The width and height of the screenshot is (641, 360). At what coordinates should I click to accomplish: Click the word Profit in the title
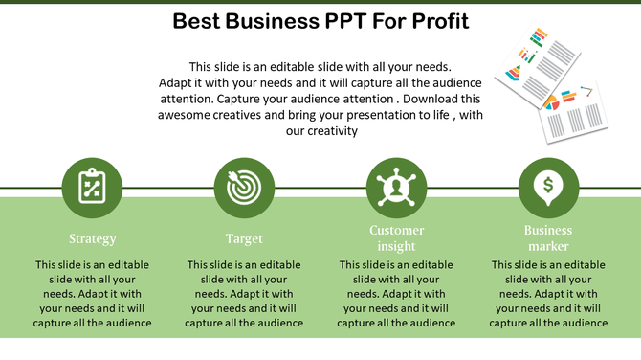click(436, 21)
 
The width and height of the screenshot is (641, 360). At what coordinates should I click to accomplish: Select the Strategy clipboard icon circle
click(92, 188)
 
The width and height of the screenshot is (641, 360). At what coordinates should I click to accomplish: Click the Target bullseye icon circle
click(244, 188)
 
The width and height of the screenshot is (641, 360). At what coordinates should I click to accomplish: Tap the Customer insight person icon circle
click(396, 188)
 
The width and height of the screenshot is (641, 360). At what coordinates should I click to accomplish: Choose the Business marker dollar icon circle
click(548, 188)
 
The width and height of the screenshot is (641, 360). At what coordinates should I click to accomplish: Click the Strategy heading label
click(92, 238)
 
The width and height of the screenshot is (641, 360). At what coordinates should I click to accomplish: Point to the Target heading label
click(244, 238)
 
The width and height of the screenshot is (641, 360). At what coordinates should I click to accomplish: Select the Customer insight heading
click(396, 237)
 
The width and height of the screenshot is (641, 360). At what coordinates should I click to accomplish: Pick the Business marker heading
click(548, 237)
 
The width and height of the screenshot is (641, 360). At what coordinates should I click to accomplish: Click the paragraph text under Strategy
click(92, 293)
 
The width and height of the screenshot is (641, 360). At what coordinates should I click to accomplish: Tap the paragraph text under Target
click(244, 293)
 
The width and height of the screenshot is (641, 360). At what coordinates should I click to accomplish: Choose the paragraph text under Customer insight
click(396, 293)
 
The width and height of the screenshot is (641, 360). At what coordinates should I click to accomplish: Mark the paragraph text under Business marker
click(548, 293)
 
